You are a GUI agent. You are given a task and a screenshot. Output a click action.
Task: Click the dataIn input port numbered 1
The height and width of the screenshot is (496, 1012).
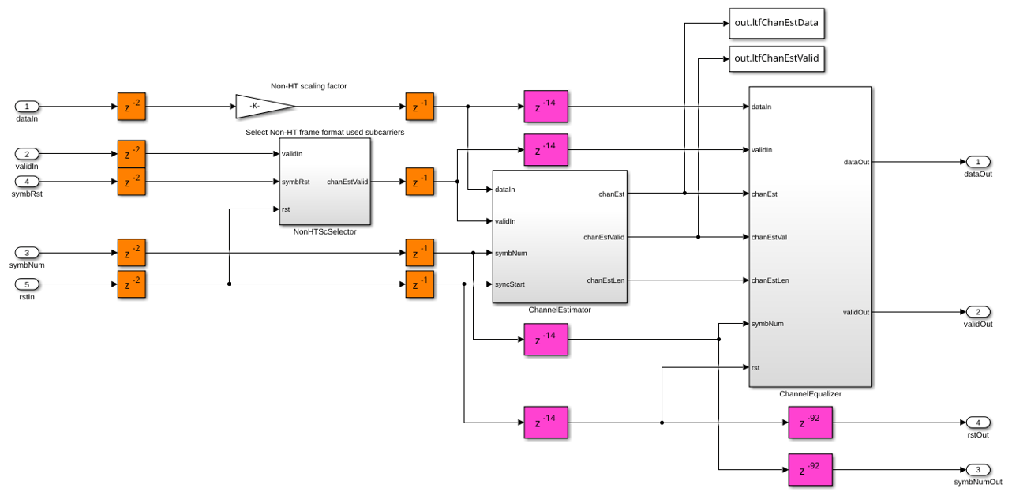tap(27, 107)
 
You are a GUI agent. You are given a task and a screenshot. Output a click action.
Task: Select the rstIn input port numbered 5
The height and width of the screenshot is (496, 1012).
tap(27, 284)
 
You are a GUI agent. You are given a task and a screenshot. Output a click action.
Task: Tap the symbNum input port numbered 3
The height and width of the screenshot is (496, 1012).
tap(27, 253)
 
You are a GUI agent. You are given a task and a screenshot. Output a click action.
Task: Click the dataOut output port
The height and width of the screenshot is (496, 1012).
tap(978, 162)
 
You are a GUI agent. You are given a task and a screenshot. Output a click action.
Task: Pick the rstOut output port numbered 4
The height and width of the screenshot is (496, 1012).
tap(978, 423)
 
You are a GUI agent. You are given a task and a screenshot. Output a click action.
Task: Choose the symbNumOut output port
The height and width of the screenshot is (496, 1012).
tap(978, 470)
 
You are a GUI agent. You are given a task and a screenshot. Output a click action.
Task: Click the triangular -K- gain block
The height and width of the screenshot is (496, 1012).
tap(265, 107)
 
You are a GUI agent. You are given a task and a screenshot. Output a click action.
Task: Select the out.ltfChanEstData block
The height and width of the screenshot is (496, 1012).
tap(777, 23)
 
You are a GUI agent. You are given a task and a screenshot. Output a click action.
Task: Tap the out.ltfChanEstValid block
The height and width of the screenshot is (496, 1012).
tap(777, 58)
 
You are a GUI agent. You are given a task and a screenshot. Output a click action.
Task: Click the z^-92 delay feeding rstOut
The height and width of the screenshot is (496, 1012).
tap(811, 423)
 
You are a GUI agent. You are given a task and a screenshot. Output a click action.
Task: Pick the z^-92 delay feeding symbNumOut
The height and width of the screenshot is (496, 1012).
tap(811, 470)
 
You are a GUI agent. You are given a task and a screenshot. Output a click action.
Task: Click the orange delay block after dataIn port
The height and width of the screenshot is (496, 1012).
tap(132, 107)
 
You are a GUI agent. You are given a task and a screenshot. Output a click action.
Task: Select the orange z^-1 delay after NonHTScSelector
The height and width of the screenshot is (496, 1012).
tap(420, 182)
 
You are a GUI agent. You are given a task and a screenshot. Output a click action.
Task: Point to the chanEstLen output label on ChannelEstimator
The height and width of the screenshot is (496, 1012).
tap(605, 280)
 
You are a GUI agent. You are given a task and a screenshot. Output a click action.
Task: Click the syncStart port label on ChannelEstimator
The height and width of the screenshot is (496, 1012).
tap(510, 284)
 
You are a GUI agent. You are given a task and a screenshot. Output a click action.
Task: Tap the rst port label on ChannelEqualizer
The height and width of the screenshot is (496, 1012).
tap(755, 367)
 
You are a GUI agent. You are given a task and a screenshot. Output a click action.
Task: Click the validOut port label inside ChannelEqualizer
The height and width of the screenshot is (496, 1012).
tap(856, 312)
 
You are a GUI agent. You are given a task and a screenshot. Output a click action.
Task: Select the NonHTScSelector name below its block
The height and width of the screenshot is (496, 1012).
tap(324, 231)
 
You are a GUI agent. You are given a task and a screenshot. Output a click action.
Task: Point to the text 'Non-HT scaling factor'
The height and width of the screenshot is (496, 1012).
tap(309, 86)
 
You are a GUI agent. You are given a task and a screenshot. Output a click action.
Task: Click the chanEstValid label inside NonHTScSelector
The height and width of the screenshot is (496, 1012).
tap(347, 182)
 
